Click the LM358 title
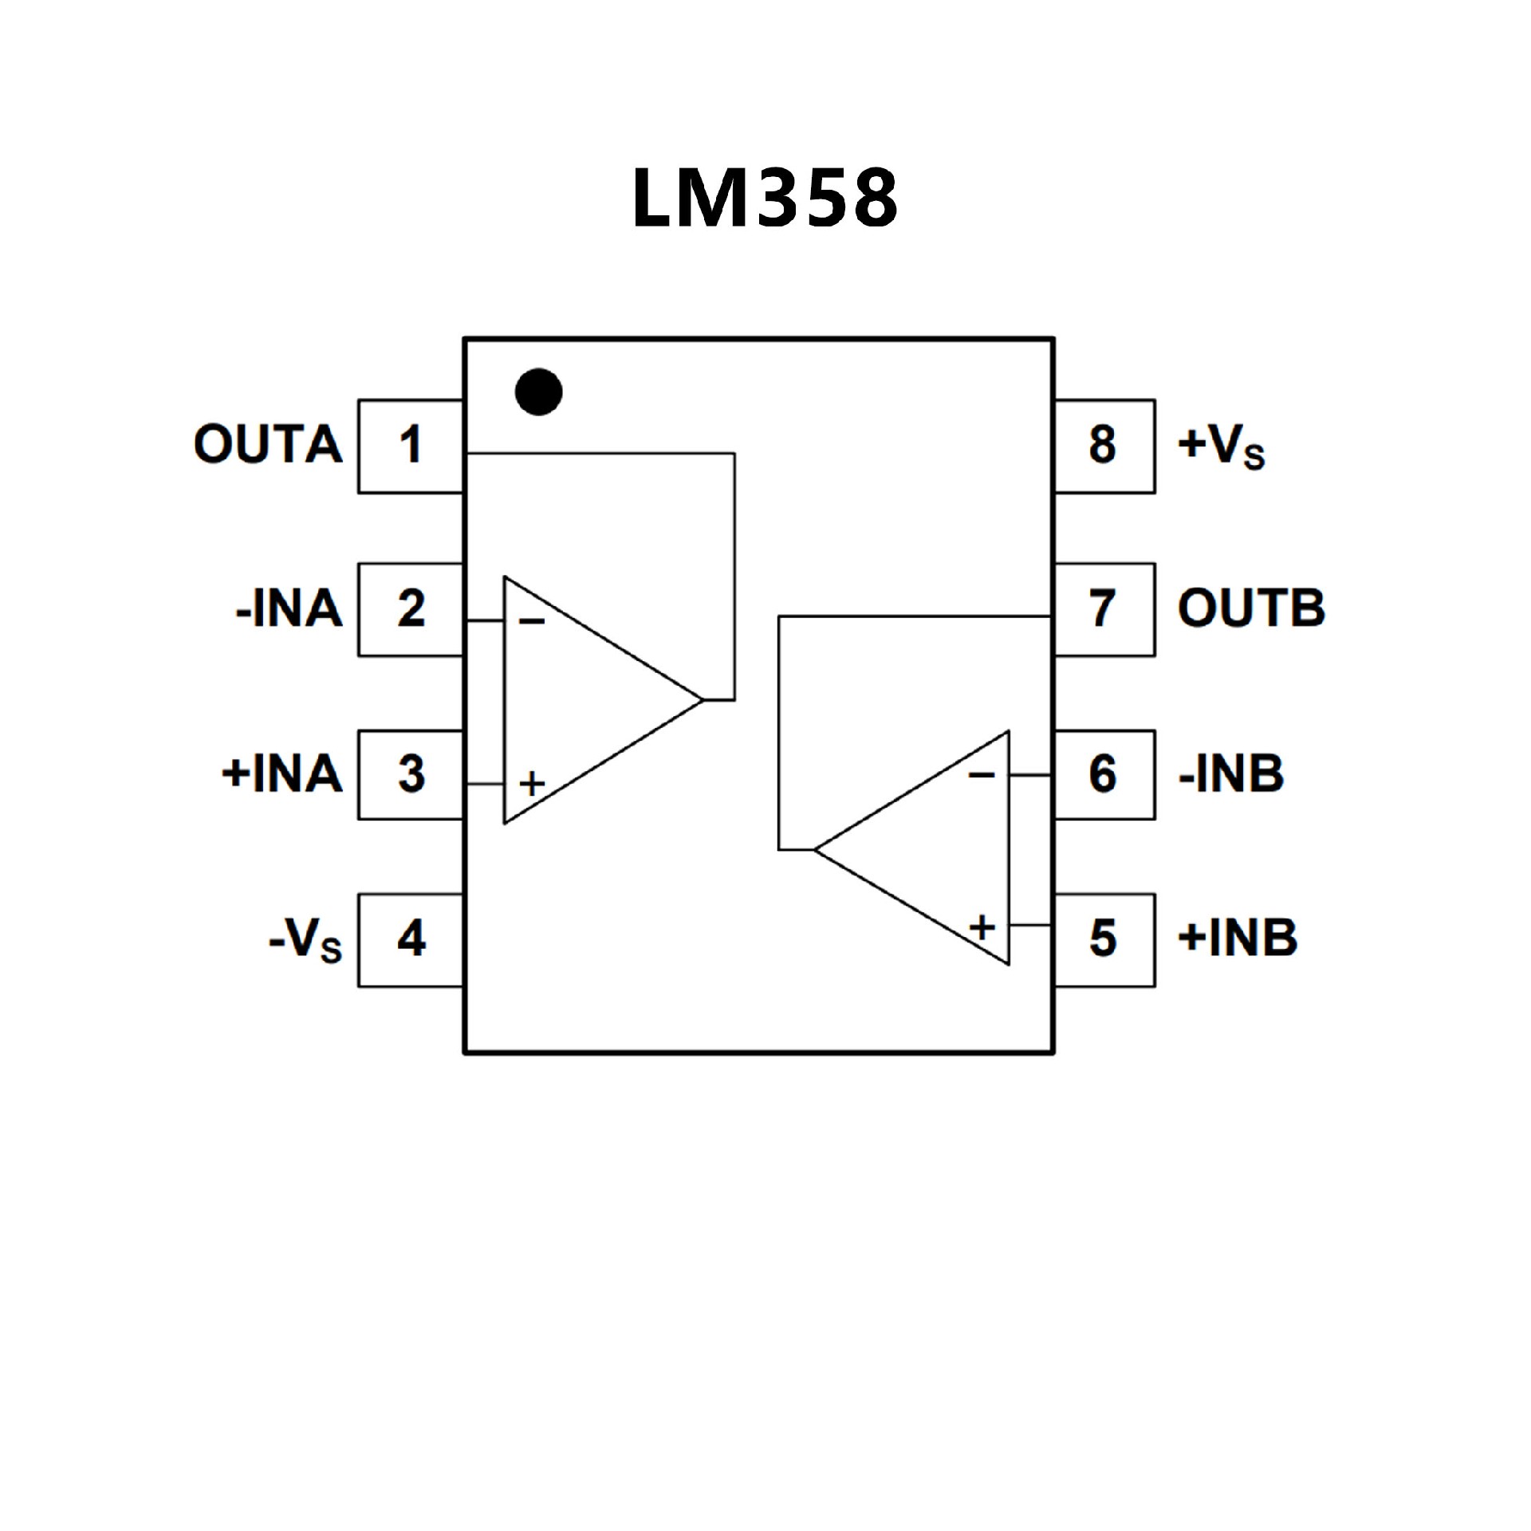click(x=765, y=199)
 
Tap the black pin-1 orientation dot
click(x=539, y=392)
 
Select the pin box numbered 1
click(x=410, y=446)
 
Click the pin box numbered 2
click(x=410, y=610)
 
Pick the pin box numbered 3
click(x=410, y=774)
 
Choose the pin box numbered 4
click(x=410, y=939)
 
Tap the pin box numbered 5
click(x=1104, y=939)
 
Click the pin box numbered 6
click(x=1104, y=774)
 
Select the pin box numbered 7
click(x=1104, y=610)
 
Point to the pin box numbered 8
click(x=1104, y=446)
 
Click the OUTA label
click(x=268, y=444)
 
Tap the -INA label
click(x=289, y=609)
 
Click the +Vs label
click(x=1221, y=446)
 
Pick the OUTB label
click(x=1251, y=608)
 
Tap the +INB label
click(x=1238, y=938)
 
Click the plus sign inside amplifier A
click(x=532, y=784)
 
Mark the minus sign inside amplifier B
click(x=982, y=774)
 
